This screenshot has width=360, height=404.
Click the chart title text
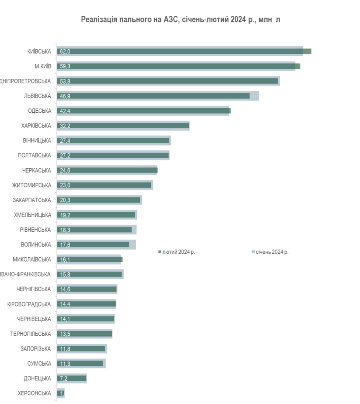(180, 20)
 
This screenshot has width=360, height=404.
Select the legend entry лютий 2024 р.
(178, 252)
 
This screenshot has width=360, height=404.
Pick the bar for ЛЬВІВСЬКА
(154, 96)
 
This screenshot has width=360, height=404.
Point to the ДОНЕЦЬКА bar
(72, 378)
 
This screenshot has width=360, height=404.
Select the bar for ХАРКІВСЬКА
(123, 126)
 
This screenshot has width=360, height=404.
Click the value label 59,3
(65, 66)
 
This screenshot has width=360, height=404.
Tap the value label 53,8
(65, 81)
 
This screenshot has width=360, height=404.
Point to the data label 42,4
(65, 111)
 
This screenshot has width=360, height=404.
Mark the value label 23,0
(65, 185)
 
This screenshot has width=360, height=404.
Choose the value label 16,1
(65, 260)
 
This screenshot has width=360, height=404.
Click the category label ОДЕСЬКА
(40, 111)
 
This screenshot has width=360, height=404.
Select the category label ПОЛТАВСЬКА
(34, 155)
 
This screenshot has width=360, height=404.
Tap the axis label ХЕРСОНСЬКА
(34, 393)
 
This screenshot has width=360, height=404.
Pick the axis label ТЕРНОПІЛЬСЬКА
(31, 334)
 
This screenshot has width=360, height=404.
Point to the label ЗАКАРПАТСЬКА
(32, 200)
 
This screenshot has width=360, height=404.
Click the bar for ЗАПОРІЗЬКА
(81, 348)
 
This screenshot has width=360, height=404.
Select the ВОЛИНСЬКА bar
(93, 245)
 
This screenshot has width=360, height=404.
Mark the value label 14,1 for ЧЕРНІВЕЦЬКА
(65, 319)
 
